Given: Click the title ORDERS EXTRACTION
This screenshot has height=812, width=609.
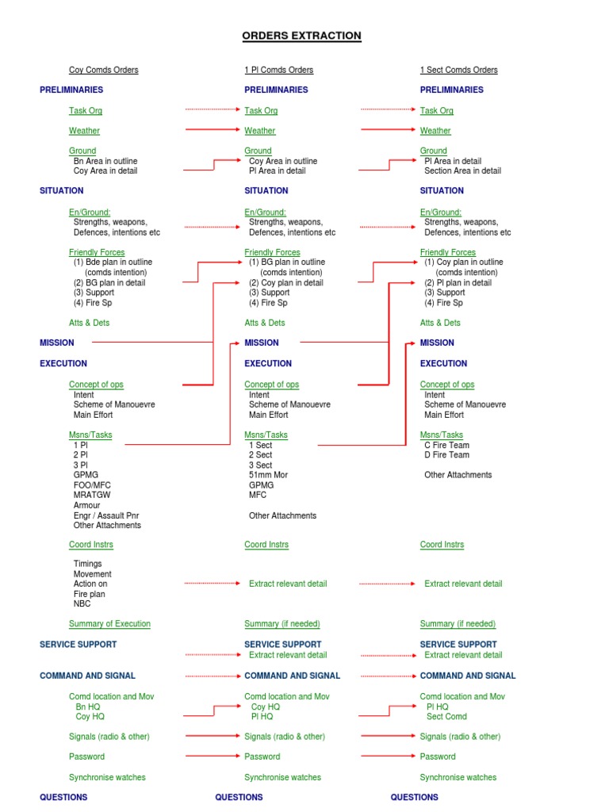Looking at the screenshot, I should pos(301,36).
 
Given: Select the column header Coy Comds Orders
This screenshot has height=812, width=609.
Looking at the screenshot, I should pos(104,70).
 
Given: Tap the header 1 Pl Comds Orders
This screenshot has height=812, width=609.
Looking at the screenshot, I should pos(278,70).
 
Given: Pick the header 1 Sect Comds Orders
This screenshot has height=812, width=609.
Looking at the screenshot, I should pos(458,70).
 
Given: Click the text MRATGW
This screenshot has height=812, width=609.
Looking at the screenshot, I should pos(90,495).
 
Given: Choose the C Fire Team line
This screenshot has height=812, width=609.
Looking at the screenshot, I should pos(446,445).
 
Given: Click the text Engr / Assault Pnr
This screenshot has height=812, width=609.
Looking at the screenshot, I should pos(106,515).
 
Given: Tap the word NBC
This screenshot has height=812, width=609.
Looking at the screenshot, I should pos(82,603).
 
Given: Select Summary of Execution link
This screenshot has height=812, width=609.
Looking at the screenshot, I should pos(109,624).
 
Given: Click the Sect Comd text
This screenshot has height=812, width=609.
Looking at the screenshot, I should pos(446,716).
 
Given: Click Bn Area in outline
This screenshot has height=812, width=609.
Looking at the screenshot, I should pos(105,161).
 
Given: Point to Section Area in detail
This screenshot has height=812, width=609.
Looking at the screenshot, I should pos(462,170).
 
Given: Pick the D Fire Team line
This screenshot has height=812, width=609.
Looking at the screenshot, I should pos(446,454).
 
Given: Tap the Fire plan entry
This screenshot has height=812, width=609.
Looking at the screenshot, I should pos(90,594).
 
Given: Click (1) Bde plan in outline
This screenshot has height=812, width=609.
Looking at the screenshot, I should pos(113,262).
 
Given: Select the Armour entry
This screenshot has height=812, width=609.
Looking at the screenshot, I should pos(87,505).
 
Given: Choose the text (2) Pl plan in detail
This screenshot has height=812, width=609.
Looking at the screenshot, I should pos(458,282).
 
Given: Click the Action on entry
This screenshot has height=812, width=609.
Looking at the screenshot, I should pos(90,584).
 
